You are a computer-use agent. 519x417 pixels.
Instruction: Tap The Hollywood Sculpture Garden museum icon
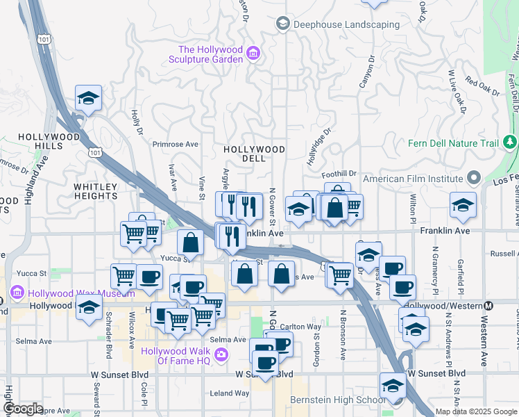(253, 54)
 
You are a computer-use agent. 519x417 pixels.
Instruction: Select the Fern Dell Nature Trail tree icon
(511, 143)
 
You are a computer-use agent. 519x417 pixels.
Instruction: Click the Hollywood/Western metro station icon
(488, 305)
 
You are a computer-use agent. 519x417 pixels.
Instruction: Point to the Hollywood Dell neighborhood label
(254, 154)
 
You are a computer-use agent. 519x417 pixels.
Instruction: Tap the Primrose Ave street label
(175, 145)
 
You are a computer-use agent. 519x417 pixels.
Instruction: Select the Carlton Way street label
(300, 326)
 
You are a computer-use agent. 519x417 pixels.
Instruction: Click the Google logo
(23, 409)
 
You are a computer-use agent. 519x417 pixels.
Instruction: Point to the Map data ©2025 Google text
(477, 411)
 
